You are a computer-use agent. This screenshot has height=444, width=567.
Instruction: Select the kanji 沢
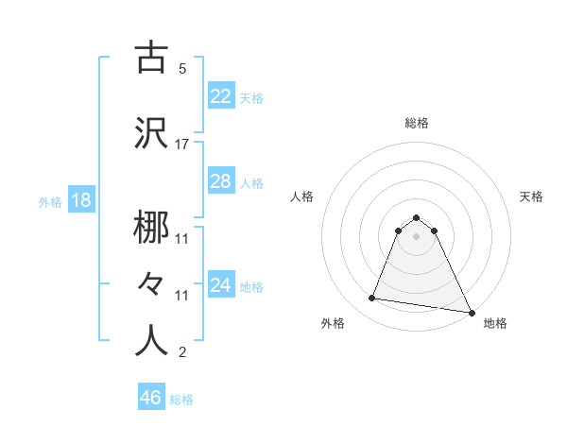coord(152,133)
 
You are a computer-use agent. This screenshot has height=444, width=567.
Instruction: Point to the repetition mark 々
coord(152,284)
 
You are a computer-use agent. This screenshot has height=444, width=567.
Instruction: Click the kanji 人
coord(152,341)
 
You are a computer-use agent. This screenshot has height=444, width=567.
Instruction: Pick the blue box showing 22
coord(220,95)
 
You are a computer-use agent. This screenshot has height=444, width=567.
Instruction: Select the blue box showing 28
coord(220,181)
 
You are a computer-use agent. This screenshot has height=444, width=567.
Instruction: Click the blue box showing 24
coord(220,284)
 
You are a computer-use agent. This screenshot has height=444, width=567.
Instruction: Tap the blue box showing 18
coord(80,201)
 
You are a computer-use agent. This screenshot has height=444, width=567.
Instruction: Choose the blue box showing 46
coord(151,398)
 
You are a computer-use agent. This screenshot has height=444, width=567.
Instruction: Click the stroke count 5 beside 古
coord(181,69)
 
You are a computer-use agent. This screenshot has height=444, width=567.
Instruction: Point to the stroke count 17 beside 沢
coord(181,145)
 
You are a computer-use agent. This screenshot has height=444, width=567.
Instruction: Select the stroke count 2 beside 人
coord(181,353)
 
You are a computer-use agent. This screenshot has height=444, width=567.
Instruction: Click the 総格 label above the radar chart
coord(416,123)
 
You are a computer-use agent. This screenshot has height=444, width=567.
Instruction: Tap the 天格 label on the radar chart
coord(531,196)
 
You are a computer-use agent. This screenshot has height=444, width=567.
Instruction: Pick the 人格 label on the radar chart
coord(302,196)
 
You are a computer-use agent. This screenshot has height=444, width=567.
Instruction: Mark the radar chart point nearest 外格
coord(371,299)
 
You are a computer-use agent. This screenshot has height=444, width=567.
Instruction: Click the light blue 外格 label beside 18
coord(49,202)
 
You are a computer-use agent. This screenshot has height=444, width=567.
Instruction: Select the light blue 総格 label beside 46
coord(181,399)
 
